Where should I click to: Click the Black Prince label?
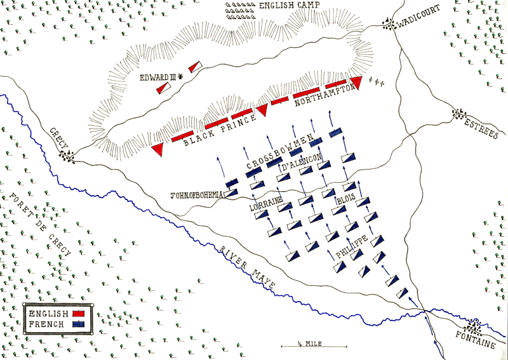(218, 130)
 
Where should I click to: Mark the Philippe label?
(351, 247)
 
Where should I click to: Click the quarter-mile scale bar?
(315, 346)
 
